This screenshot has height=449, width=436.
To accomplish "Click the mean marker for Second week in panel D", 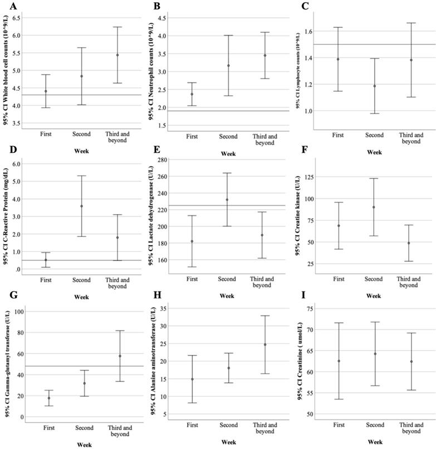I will tap(82, 206).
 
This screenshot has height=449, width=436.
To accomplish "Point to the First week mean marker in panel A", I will tap(46, 91).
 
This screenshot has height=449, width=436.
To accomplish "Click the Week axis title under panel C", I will tap(374, 152).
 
